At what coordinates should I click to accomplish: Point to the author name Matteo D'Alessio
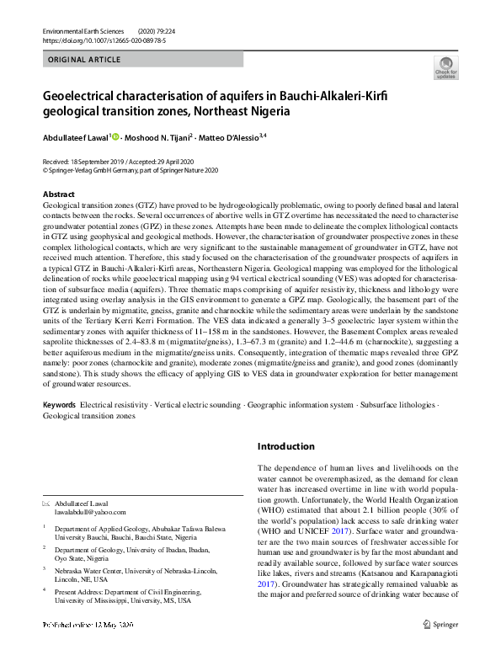point(232,137)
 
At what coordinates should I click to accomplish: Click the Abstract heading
point(58,194)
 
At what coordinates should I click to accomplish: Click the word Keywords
point(59,405)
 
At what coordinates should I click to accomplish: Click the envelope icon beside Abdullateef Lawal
point(46,503)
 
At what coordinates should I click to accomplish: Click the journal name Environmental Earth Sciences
point(81,30)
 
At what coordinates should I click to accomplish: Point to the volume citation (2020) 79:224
point(177,30)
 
